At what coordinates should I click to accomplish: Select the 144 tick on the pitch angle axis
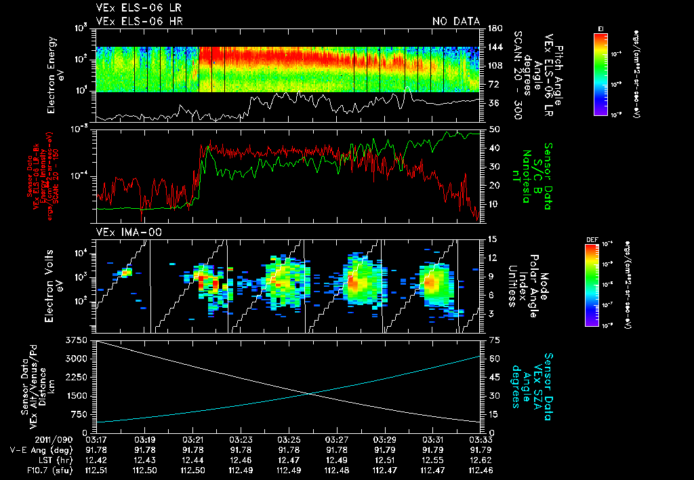495,47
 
